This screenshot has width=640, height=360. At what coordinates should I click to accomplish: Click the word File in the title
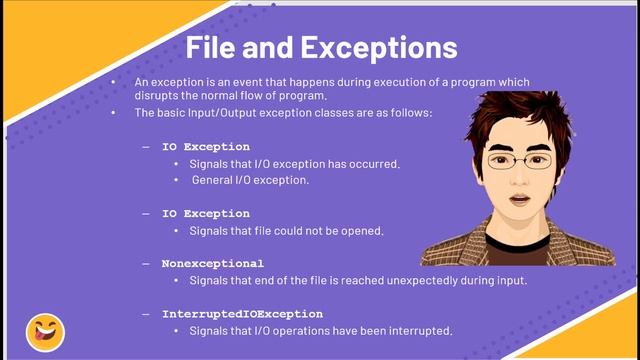(x=214, y=47)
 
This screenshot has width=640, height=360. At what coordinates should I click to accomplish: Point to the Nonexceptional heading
(x=213, y=264)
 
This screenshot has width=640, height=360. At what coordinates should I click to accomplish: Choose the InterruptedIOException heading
(x=242, y=313)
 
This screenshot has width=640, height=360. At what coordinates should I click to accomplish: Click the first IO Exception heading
(x=206, y=147)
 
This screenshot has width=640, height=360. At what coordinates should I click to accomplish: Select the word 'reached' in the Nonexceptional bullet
(x=343, y=280)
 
